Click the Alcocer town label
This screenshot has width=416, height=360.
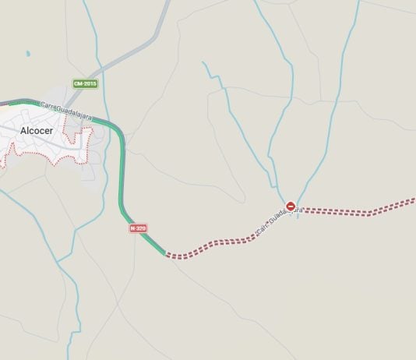point(37,130)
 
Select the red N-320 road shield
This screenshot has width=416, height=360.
point(138,228)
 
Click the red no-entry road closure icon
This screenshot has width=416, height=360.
point(291,206)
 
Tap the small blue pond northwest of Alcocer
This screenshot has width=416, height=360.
point(28,54)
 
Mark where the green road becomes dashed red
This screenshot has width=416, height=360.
point(166,254)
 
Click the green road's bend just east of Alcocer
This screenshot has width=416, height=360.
point(119,136)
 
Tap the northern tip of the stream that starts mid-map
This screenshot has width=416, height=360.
point(203,62)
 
